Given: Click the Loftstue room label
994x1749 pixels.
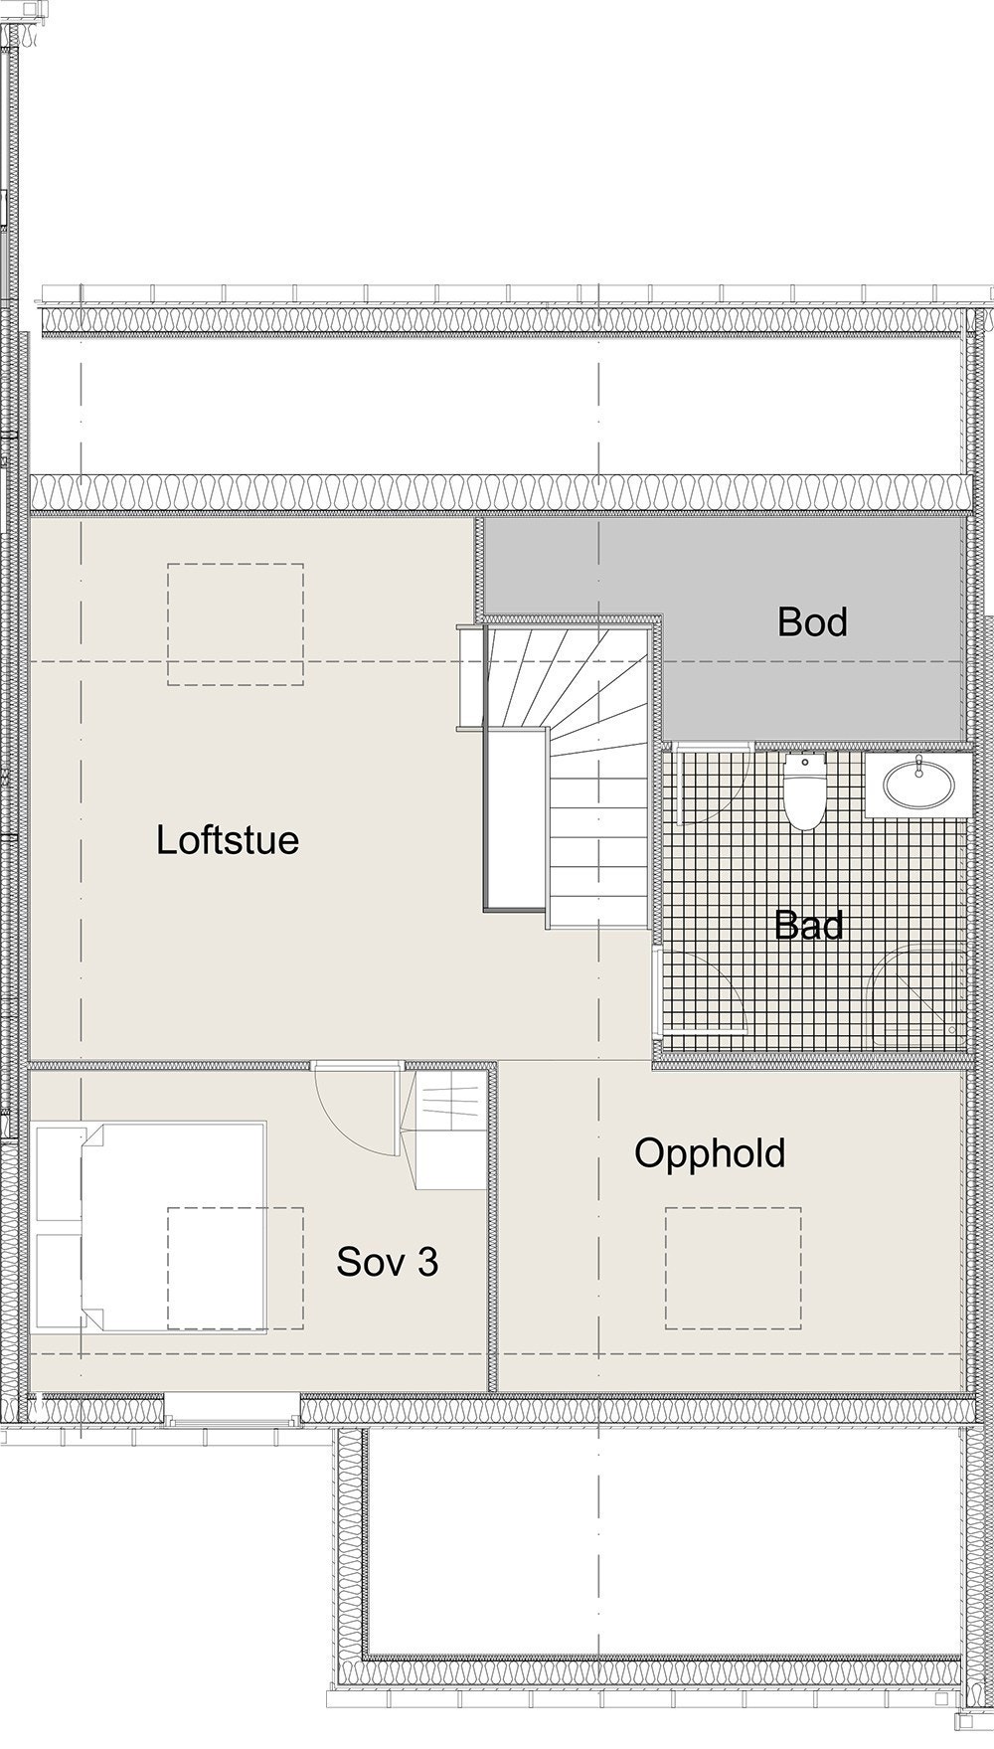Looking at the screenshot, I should pyautogui.click(x=227, y=840).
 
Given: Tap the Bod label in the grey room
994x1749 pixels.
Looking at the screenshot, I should pyautogui.click(x=812, y=622).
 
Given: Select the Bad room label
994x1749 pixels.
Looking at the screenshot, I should pyautogui.click(x=809, y=926).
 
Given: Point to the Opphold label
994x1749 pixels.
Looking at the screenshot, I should pyautogui.click(x=710, y=1153).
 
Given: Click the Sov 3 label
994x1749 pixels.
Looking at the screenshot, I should pyautogui.click(x=387, y=1262).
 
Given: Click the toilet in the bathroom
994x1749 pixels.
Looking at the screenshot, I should pyautogui.click(x=803, y=792).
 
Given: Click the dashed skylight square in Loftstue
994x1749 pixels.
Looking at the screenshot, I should pyautogui.click(x=236, y=624).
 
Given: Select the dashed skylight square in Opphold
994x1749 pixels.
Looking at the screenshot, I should pyautogui.click(x=734, y=1268).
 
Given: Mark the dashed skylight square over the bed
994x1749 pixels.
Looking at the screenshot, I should pyautogui.click(x=236, y=1268).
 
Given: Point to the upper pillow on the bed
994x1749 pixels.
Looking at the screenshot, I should pyautogui.click(x=60, y=1174).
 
